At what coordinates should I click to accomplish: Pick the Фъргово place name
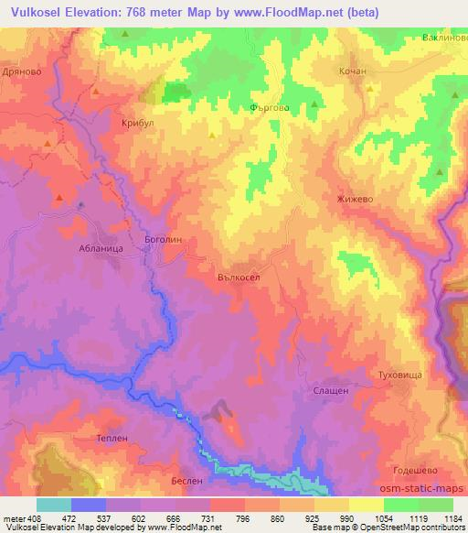pyautogui.click(x=271, y=106)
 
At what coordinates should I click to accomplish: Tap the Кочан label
pyautogui.click(x=352, y=71)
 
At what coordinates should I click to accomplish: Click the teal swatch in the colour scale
pyautogui.click(x=54, y=505)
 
